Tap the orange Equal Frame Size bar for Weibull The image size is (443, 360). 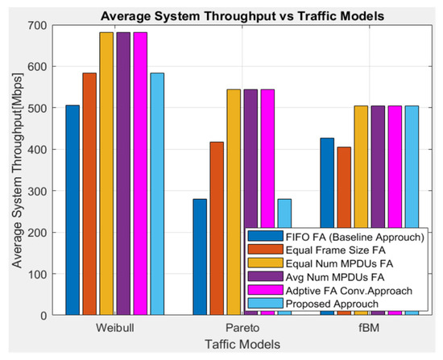[89, 193]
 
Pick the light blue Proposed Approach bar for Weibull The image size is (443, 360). [157, 193]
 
